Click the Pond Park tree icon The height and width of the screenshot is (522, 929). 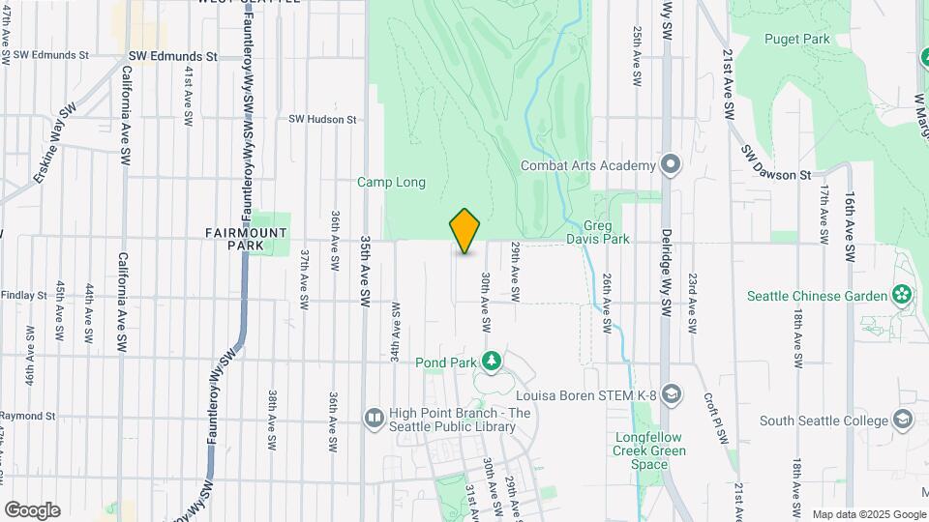coord(491,362)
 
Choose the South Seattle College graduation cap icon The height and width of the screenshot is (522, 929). coord(902,420)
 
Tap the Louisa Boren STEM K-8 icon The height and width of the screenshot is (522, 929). coord(672,394)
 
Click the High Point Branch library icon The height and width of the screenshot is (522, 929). coord(375,418)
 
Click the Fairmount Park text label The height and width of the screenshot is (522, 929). coord(232,239)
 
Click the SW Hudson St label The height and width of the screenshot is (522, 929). coord(322,120)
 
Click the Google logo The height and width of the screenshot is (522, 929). coord(32,509)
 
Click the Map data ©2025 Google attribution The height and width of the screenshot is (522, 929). coord(868,514)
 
